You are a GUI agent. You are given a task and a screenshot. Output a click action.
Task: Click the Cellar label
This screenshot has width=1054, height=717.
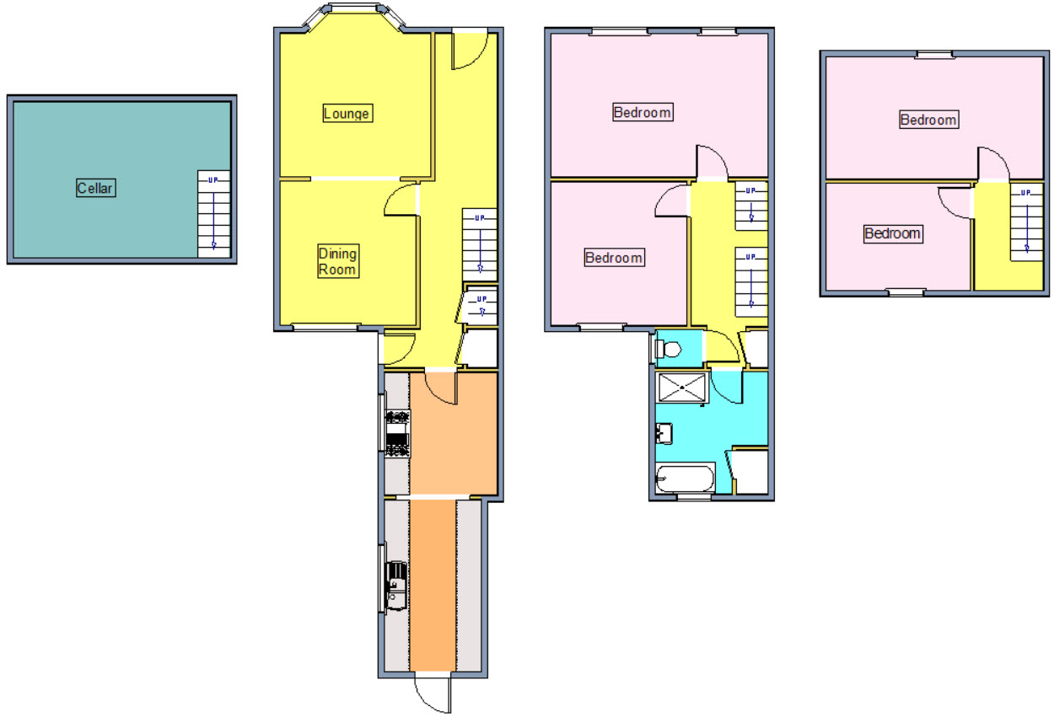point(95,188)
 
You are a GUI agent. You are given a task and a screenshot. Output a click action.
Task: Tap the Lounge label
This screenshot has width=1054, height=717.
point(347,113)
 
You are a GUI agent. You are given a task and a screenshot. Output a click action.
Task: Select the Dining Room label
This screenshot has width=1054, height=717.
point(338,261)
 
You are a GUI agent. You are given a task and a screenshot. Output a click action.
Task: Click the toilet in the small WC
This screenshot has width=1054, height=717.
point(668,349)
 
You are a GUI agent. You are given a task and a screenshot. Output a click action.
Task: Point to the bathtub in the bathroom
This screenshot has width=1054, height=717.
point(685,479)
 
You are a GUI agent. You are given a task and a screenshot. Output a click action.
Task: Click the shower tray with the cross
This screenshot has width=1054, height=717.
point(682,388)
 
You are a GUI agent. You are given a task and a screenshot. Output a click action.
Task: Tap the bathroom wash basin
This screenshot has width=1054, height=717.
point(664,434)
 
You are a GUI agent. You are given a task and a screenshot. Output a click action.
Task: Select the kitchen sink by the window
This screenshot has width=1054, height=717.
point(396,586)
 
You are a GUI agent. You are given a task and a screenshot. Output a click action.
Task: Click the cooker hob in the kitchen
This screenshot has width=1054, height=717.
point(398,434)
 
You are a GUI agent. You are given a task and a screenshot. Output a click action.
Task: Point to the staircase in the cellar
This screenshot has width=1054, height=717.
point(213,214)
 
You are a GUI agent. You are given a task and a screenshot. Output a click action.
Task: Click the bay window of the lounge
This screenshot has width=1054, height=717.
point(353,14)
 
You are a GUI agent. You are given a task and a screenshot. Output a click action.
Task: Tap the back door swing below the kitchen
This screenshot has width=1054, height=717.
point(433,695)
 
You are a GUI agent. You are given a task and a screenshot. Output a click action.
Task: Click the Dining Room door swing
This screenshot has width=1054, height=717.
point(401,200)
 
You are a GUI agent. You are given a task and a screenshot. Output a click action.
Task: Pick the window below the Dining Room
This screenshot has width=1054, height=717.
point(326,327)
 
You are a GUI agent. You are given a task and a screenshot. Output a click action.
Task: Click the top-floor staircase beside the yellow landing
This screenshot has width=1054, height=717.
point(1027,222)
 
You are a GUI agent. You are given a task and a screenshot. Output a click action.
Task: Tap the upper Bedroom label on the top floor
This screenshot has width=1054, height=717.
point(928,120)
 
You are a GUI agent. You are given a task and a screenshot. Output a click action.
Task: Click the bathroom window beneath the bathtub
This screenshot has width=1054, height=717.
point(694,496)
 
